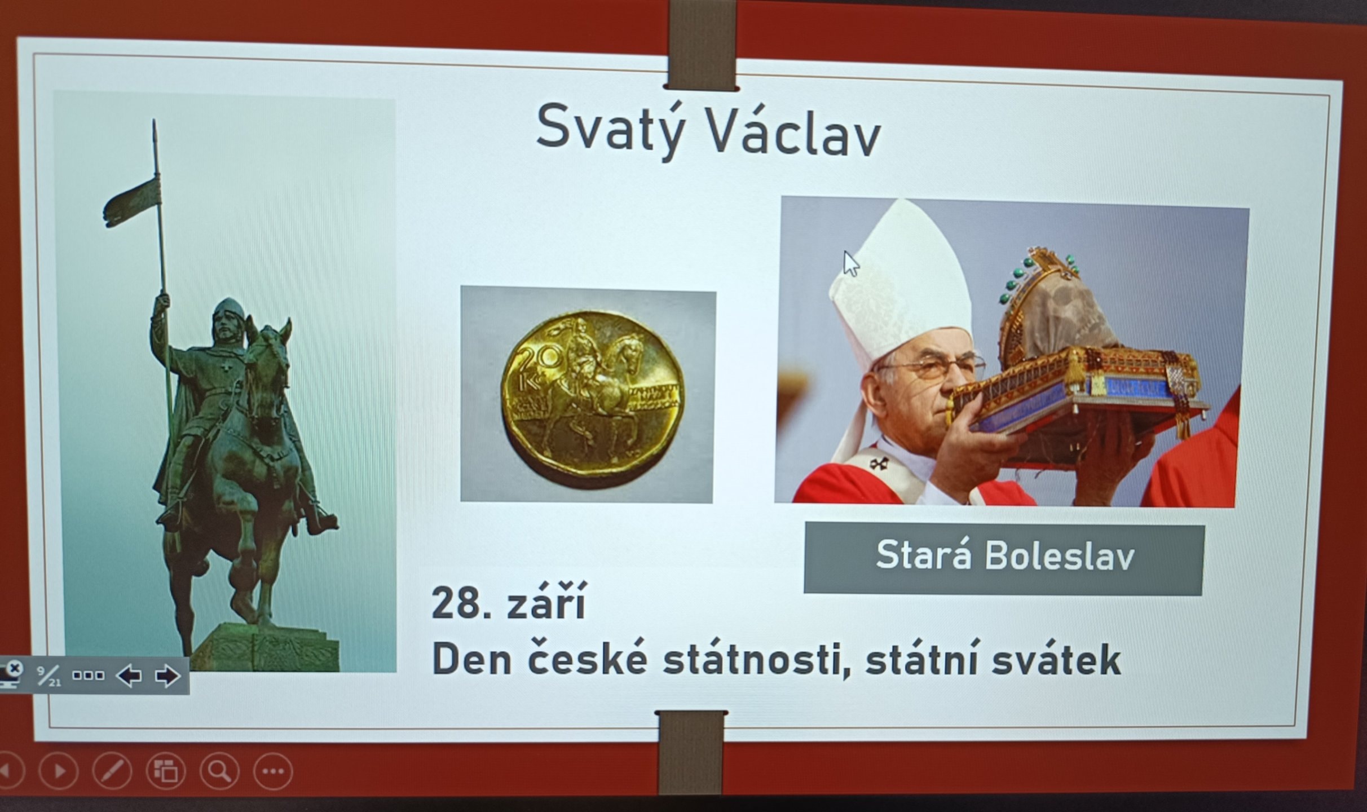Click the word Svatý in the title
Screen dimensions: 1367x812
pos(611,130)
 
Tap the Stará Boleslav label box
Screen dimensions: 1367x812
pos(1004,558)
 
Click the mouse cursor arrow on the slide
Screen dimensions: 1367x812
pos(850,264)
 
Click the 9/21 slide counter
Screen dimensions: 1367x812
pos(49,676)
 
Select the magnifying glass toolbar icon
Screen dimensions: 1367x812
pos(219,770)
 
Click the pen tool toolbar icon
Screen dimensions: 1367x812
pos(112,770)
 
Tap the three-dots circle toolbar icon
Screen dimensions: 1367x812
pos(273,771)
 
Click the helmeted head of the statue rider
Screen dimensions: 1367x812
pos(228,320)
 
